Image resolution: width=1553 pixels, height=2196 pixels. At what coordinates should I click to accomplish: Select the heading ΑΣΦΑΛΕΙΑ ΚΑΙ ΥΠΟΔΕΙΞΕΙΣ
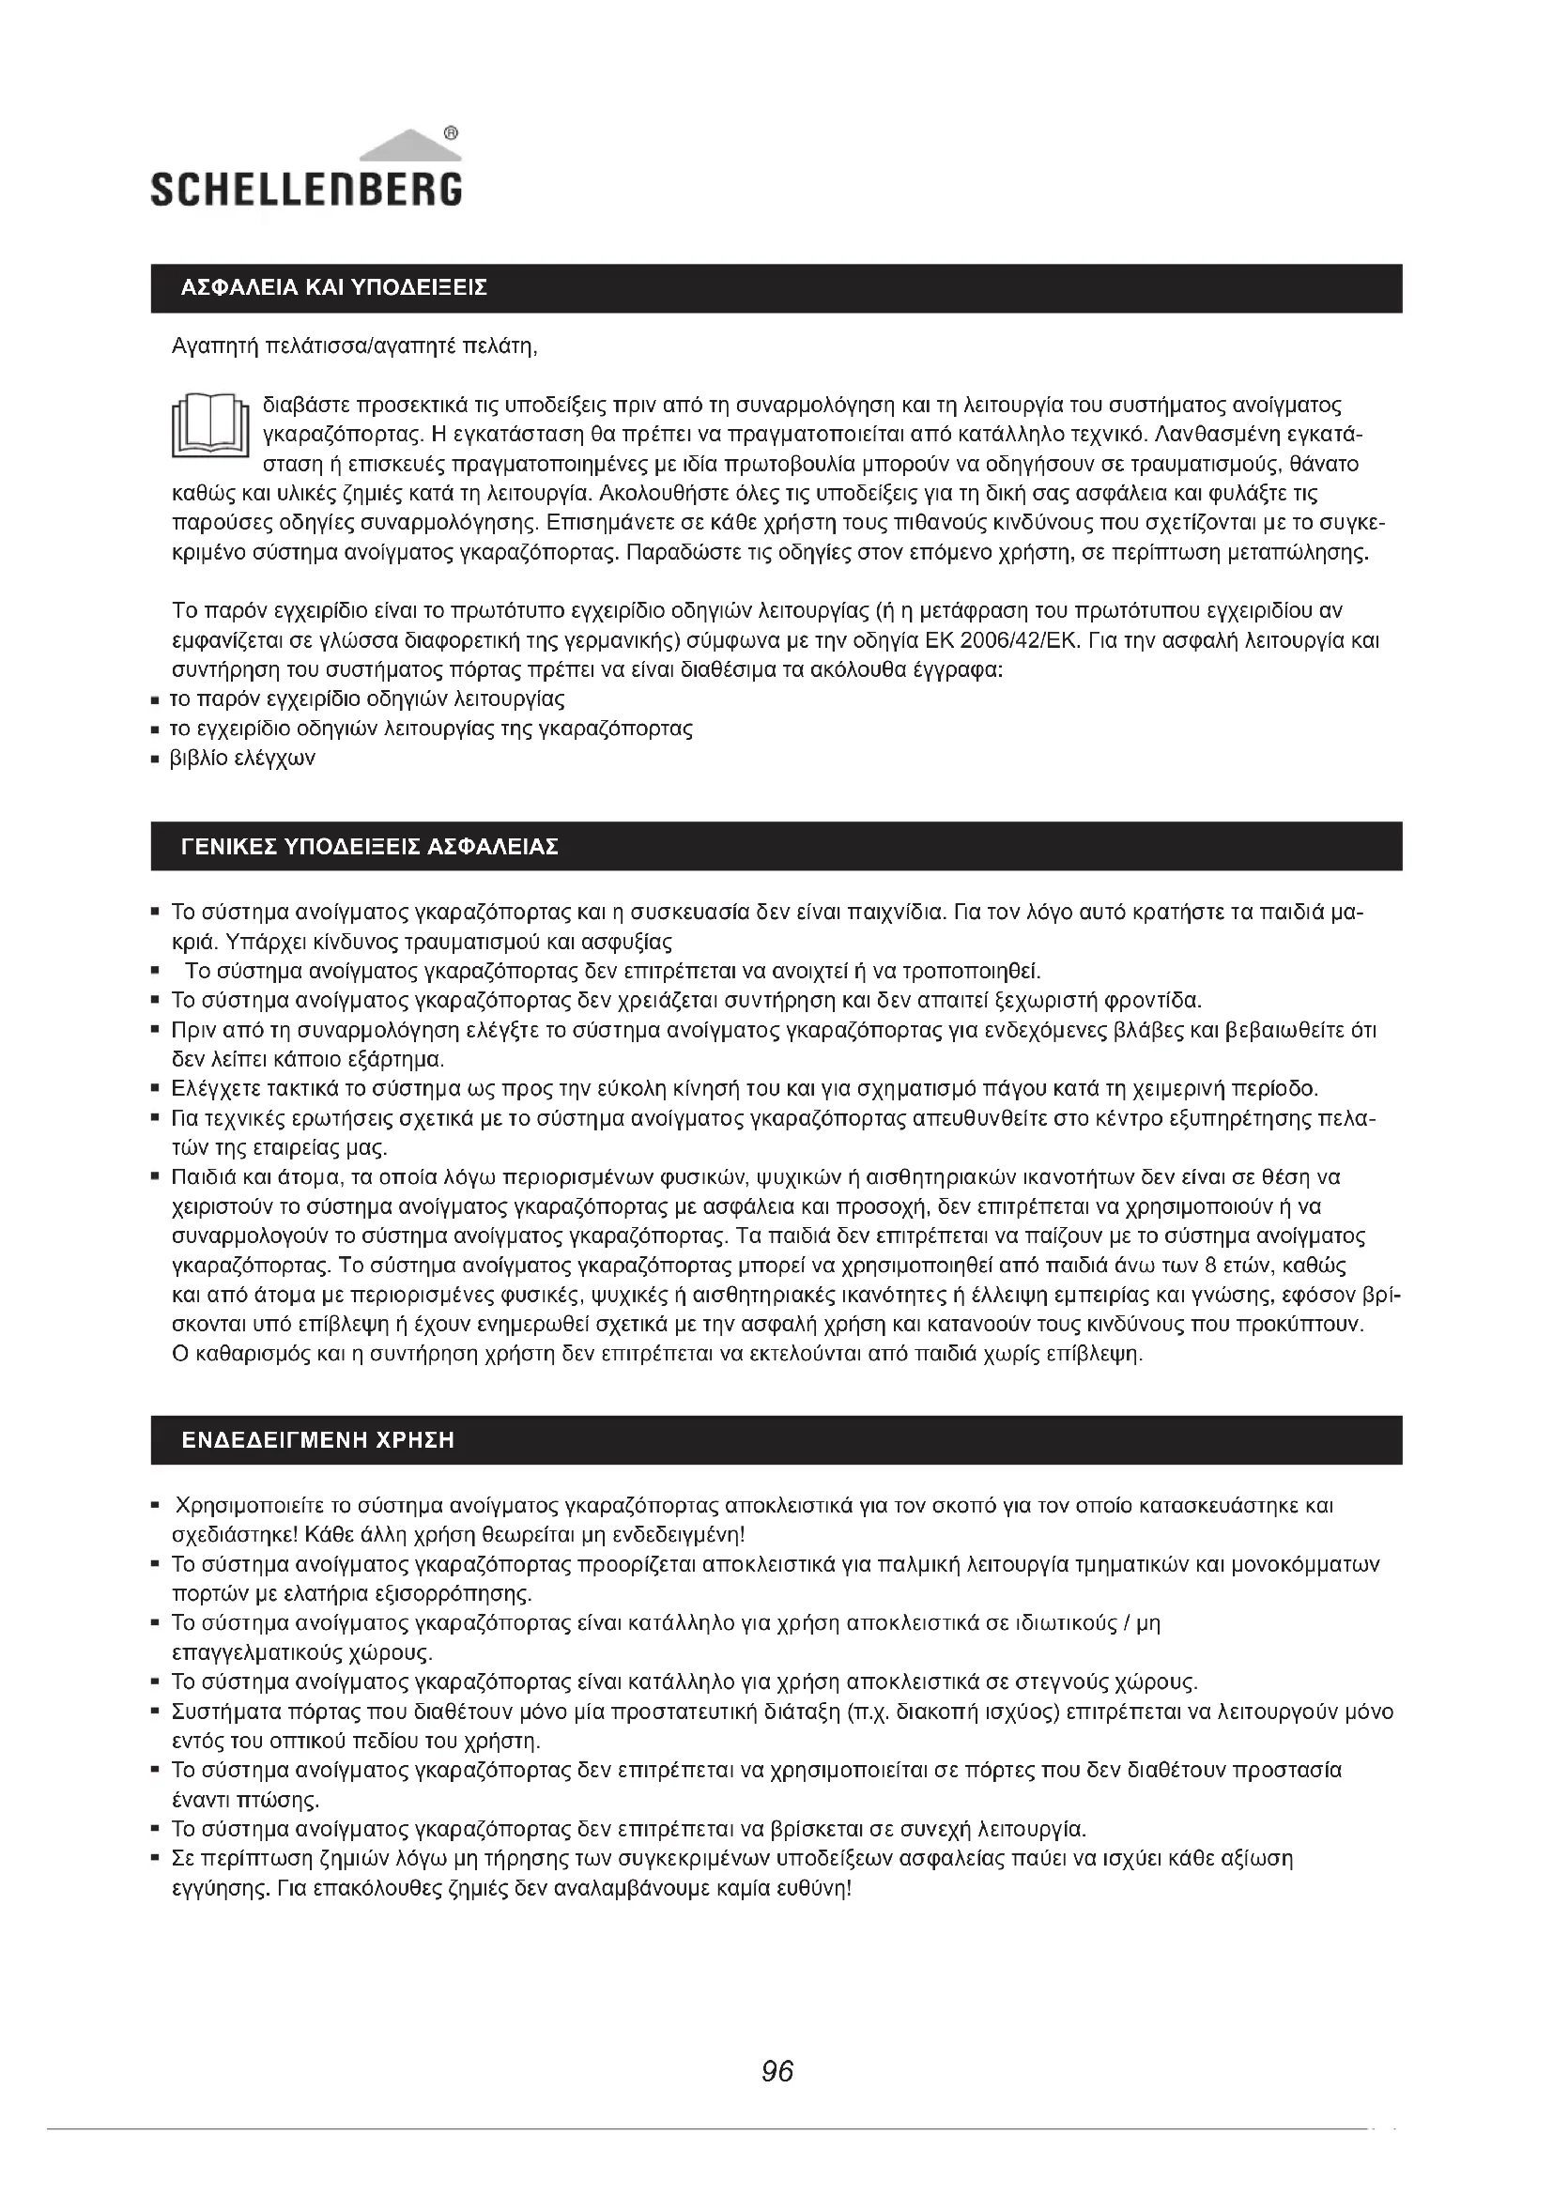tap(333, 288)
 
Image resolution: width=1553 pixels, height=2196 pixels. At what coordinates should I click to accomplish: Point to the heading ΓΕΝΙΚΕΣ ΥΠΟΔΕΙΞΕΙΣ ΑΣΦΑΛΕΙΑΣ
tap(369, 847)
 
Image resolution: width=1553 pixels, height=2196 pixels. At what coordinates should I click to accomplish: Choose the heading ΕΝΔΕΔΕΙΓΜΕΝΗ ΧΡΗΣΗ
tap(317, 1440)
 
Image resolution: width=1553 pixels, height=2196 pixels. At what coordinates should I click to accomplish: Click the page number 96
tap(776, 2071)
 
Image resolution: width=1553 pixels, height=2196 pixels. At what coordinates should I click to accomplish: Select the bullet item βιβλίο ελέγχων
tap(243, 759)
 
